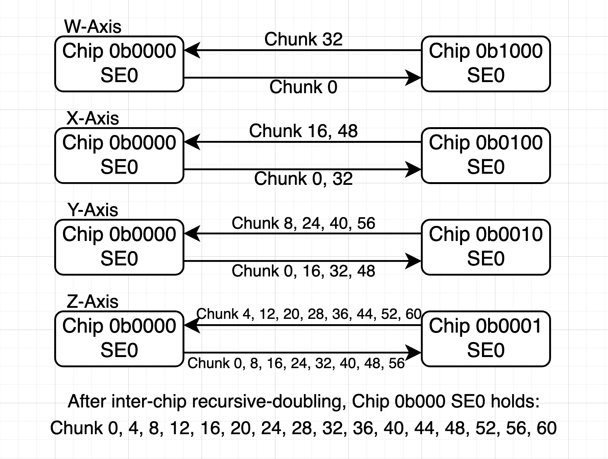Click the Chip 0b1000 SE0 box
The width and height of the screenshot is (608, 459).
click(x=485, y=64)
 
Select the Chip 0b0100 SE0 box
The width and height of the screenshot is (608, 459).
click(x=485, y=155)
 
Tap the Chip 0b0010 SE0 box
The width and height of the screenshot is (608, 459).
click(x=485, y=247)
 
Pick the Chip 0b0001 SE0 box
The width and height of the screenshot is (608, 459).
click(x=485, y=339)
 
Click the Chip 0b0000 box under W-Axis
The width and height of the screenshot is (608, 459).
click(x=119, y=64)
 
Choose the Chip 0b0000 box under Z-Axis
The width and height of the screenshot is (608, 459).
click(x=119, y=339)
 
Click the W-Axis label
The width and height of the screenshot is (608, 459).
click(x=93, y=27)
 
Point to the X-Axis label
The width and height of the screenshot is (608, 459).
click(x=93, y=118)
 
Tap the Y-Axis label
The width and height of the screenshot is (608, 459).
click(x=93, y=210)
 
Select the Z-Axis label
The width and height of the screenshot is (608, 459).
click(x=93, y=302)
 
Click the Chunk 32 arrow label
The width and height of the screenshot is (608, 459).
click(x=304, y=39)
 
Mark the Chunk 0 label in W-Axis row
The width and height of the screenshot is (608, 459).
click(x=304, y=87)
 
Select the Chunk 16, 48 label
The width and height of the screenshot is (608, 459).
click(x=304, y=131)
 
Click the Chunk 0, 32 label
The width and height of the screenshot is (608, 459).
click(x=304, y=179)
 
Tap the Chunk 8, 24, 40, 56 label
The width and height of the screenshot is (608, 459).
click(x=304, y=223)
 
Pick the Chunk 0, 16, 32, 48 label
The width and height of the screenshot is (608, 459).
click(x=304, y=271)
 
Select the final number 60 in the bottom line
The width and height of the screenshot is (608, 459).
click(x=546, y=428)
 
